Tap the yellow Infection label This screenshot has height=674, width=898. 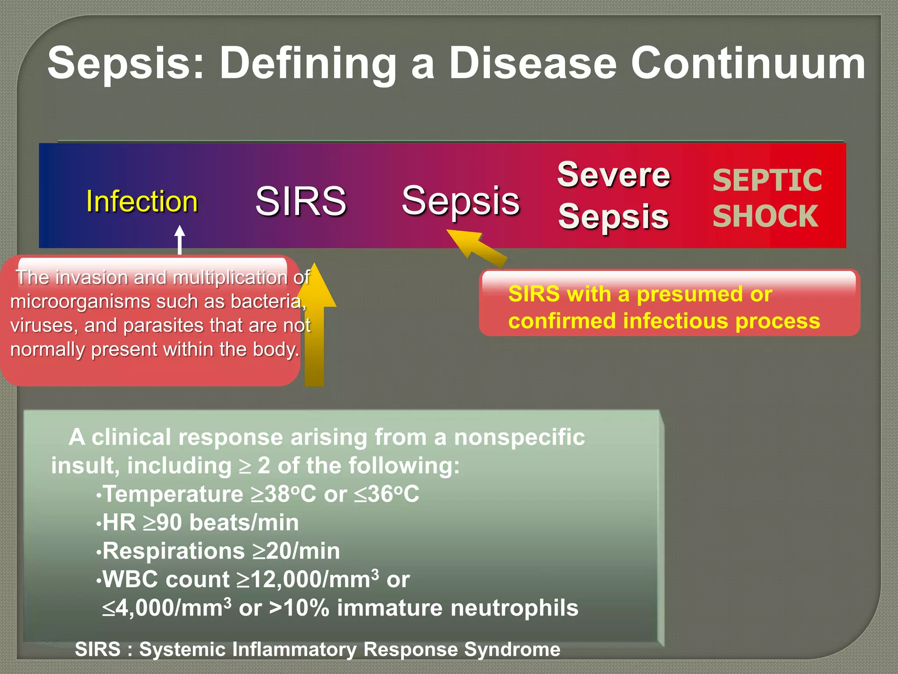(142, 201)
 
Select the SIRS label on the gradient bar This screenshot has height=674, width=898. (301, 201)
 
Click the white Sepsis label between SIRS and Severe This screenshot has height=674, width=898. (460, 201)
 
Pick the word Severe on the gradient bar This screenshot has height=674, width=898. (613, 175)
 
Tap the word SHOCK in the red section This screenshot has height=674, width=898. (765, 216)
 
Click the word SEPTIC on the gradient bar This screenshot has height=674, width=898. (767, 180)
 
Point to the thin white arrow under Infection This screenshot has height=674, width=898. (179, 239)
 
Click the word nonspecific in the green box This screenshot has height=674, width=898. (519, 437)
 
